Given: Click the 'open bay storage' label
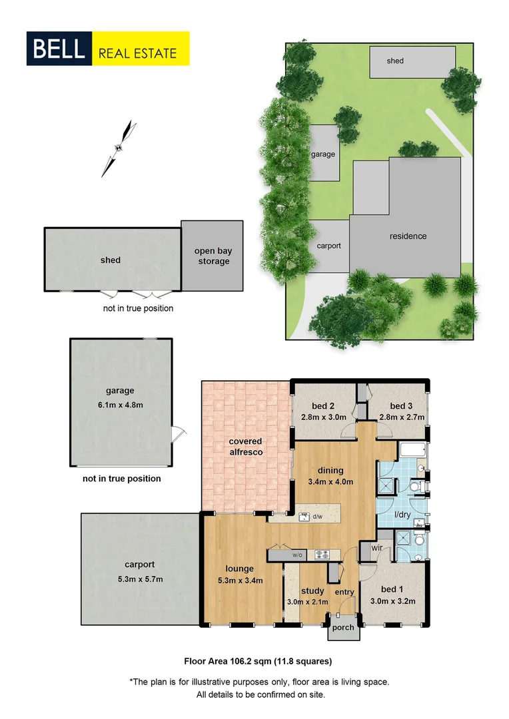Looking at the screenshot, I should pos(213,256).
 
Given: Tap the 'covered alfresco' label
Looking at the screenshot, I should pos(245,447).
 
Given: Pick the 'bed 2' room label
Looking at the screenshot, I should pos(323,407).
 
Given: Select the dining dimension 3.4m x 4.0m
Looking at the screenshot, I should pos(330,482).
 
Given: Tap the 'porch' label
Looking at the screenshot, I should pos(343,628).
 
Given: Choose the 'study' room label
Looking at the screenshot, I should pos(312,591).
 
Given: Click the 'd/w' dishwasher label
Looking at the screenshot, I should pos(317,516).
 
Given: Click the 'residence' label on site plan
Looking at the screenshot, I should pos(408,236).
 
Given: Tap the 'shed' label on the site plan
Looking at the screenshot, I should pos(395,61).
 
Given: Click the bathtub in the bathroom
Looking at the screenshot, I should pos(413,451).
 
